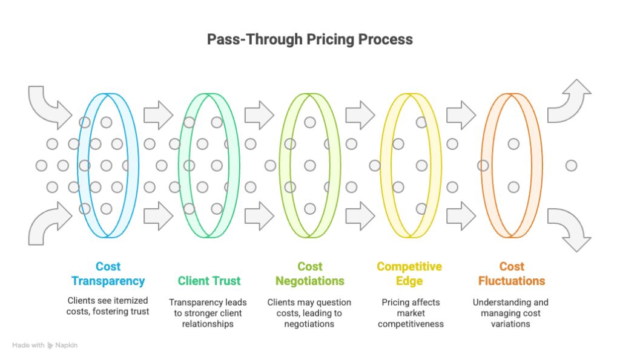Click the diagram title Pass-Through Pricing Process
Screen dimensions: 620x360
(x=309, y=39)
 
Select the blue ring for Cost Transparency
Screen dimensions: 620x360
(x=79, y=166)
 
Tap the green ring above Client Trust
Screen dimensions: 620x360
(x=180, y=166)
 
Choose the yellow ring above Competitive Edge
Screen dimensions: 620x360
(x=381, y=166)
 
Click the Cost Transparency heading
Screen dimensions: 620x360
(x=108, y=273)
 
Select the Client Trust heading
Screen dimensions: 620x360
(x=209, y=281)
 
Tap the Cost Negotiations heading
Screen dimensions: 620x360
(x=310, y=273)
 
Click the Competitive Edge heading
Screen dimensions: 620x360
(x=409, y=273)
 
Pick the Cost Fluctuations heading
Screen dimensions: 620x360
(x=512, y=273)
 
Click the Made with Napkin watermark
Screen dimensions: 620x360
(x=45, y=345)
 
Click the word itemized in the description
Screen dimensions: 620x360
(x=131, y=300)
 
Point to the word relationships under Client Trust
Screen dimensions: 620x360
(x=208, y=324)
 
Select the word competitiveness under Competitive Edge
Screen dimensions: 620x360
(x=411, y=324)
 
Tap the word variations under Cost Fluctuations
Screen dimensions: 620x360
(x=510, y=324)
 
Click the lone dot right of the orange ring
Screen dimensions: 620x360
(x=571, y=166)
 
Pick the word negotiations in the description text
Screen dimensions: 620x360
(x=309, y=324)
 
